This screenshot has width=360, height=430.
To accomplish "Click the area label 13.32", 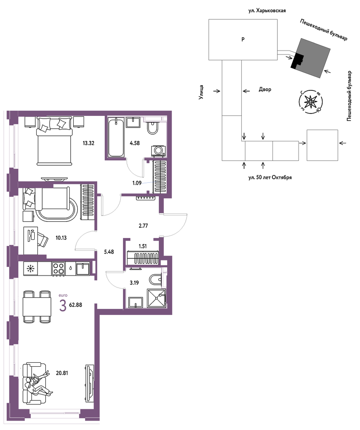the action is pyautogui.click(x=88, y=143).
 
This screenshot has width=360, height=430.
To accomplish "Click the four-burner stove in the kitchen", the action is pyautogui.click(x=59, y=268).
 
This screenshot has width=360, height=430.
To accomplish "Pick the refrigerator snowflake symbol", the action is pyautogui.click(x=30, y=269).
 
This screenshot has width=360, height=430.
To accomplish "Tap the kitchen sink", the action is pyautogui.click(x=82, y=269).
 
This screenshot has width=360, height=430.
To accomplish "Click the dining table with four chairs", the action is pyautogui.click(x=37, y=307).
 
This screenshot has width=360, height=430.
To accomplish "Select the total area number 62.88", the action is pyautogui.click(x=75, y=305).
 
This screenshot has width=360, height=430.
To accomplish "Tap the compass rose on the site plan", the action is pyautogui.click(x=310, y=102).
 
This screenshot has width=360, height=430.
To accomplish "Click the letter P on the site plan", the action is pyautogui.click(x=243, y=39).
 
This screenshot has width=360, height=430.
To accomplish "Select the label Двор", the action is pyautogui.click(x=265, y=90).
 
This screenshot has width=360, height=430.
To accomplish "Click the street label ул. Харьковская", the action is pyautogui.click(x=267, y=11).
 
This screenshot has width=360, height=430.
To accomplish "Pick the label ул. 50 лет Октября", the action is pyautogui.click(x=270, y=178).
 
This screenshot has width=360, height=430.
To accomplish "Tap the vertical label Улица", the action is pyautogui.click(x=201, y=92).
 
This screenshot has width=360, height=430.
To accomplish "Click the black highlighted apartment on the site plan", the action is pyautogui.click(x=297, y=61).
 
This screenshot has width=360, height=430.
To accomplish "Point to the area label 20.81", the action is pyautogui.click(x=62, y=373).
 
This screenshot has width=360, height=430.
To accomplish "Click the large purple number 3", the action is pyautogui.click(x=63, y=306).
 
